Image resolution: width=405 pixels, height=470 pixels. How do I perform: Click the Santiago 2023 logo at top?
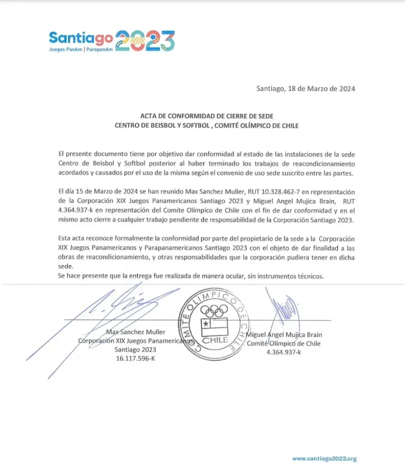coord(112,41)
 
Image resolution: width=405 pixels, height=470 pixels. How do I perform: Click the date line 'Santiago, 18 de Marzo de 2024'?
coord(305,89)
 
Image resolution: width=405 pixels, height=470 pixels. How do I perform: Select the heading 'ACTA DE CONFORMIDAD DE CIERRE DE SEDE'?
coord(206,117)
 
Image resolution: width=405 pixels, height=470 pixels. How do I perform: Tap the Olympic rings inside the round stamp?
coord(214,311)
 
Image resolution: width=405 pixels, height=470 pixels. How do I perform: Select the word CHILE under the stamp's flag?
coord(214,341)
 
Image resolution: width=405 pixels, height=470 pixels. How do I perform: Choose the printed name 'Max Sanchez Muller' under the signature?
coord(135,332)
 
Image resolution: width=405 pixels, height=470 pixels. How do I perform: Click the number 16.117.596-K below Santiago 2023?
coord(136,358)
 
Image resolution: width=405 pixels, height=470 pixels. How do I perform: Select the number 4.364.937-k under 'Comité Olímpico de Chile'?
coord(284,352)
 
